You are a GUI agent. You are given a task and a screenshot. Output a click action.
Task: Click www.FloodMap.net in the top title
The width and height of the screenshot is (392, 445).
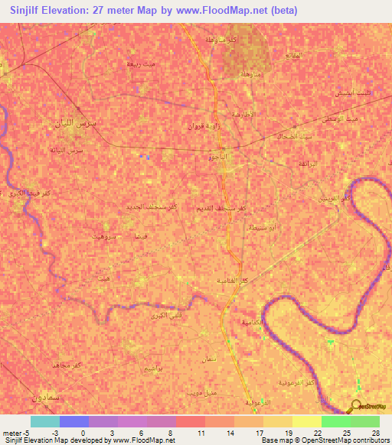click(217, 11)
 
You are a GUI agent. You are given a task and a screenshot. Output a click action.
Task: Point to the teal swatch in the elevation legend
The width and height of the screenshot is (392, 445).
click(44, 421)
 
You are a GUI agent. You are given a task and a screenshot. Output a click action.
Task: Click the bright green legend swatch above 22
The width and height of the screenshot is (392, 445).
click(335, 421)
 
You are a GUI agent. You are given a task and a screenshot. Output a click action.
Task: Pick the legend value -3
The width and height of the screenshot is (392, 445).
click(56, 433)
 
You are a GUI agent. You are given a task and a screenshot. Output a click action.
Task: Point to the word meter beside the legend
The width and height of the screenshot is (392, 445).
click(12, 433)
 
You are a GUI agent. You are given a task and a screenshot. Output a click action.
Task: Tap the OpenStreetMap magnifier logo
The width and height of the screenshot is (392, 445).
click(358, 406)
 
